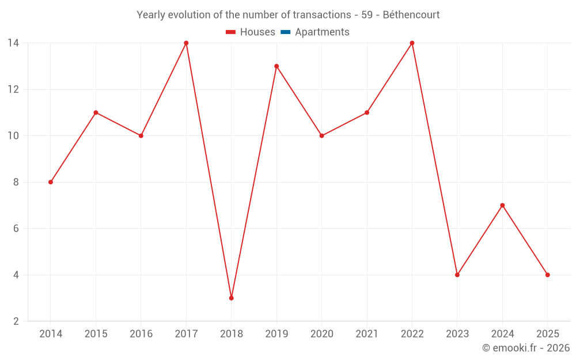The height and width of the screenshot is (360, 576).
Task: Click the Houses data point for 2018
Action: [x=231, y=298]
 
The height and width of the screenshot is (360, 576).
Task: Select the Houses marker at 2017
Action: [x=186, y=43]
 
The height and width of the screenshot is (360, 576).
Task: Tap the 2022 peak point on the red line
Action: [x=412, y=43]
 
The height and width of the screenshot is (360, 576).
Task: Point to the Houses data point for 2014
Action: [x=51, y=182]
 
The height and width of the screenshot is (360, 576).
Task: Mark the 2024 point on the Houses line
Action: [x=502, y=205]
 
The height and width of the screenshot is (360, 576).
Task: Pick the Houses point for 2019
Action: [x=276, y=66]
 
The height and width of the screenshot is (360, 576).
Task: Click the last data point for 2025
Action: [x=547, y=275]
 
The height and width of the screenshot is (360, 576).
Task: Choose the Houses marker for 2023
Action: [x=457, y=275]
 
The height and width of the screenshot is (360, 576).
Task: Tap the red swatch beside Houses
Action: [x=231, y=32]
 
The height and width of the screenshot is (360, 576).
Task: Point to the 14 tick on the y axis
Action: [x=13, y=43]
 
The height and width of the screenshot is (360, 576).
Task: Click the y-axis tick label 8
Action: [x=16, y=182]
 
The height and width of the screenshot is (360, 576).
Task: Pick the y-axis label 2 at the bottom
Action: [x=16, y=321]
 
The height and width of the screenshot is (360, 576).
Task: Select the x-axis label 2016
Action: [x=141, y=334]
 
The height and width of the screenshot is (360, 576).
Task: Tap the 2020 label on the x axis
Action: [x=321, y=334]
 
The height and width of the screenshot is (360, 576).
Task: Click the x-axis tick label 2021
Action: [x=367, y=334]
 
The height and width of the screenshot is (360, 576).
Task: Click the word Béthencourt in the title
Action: [x=411, y=15]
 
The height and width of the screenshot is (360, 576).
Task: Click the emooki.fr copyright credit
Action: [x=526, y=348]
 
